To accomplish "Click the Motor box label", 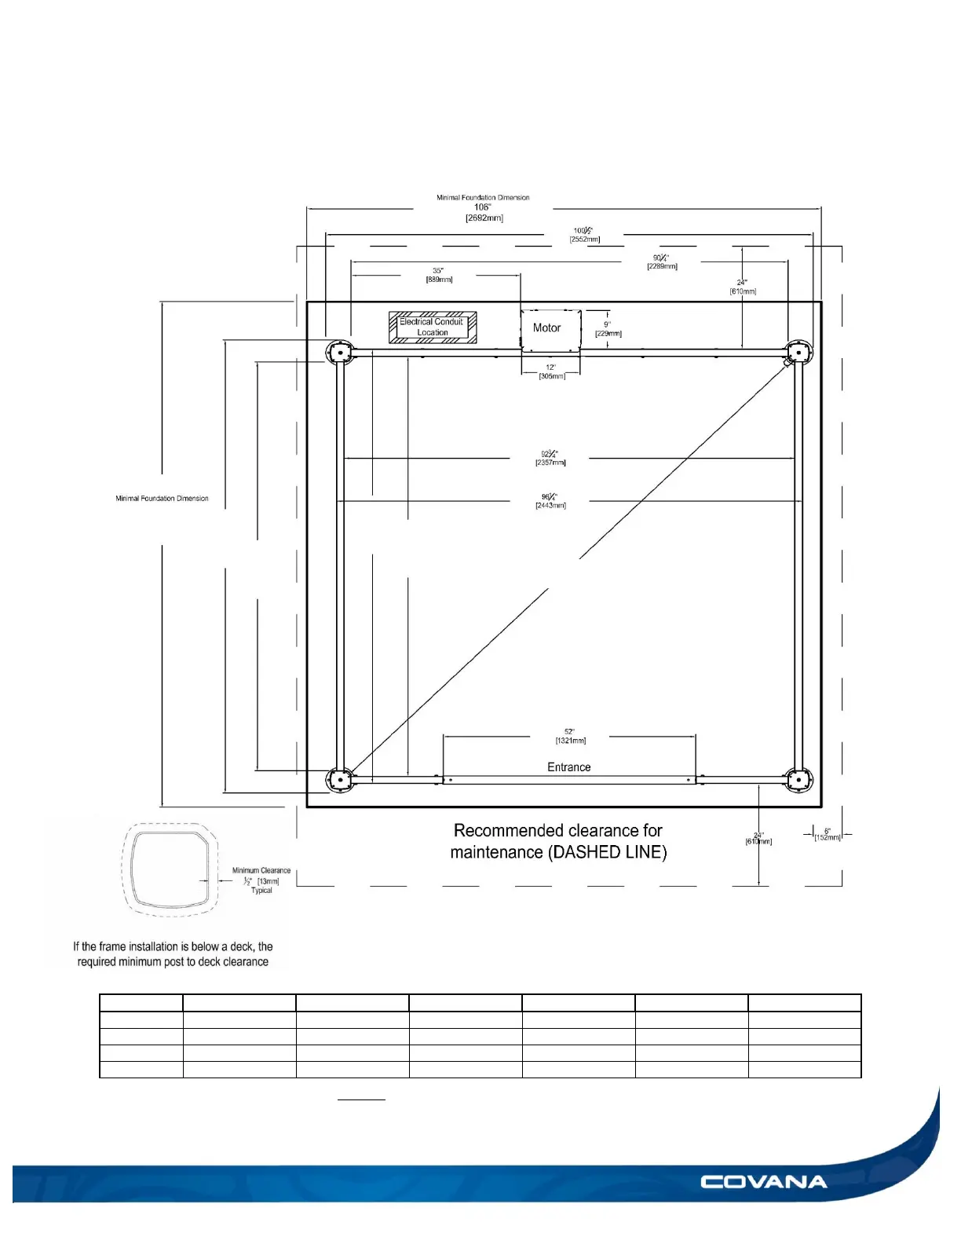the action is [547, 328].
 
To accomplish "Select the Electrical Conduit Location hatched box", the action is [433, 327].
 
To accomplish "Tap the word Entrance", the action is [568, 767].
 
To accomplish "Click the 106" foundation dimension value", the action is [482, 207].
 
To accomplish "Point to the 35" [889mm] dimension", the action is [438, 275].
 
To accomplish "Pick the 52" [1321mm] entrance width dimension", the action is [570, 736].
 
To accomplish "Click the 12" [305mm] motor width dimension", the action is [551, 371].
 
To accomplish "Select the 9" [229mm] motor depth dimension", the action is [608, 329].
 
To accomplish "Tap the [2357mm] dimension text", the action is [550, 463].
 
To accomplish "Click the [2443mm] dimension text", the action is [550, 505].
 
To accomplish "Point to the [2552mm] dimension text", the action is [585, 239].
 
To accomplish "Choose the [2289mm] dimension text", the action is [662, 266].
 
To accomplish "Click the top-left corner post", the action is [340, 353].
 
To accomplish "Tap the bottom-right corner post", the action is [799, 780].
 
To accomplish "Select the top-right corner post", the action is [799, 353].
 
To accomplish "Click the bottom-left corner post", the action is [340, 780].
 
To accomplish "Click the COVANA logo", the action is [763, 1182].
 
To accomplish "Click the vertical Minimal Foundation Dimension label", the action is [162, 499].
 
